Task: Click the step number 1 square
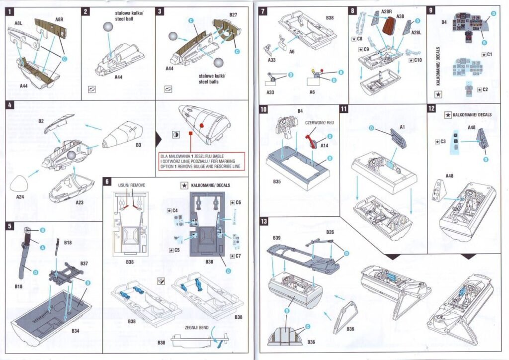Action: (x=11, y=10)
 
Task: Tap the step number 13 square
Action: (x=264, y=221)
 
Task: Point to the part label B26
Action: (x=330, y=232)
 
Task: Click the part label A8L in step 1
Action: (x=18, y=23)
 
